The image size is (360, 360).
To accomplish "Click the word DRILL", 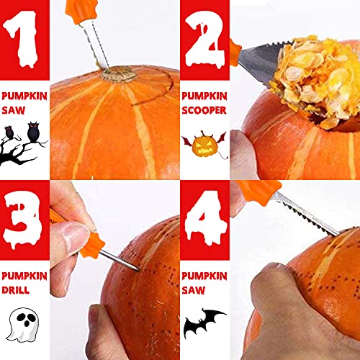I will pyautogui.click(x=18, y=291).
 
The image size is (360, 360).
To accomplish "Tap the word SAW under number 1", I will pyautogui.click(x=12, y=111).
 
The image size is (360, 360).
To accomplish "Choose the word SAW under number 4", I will pyautogui.click(x=192, y=291).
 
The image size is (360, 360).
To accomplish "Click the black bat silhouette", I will pyautogui.click(x=204, y=324).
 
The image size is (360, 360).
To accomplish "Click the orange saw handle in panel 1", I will pyautogui.click(x=81, y=11).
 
